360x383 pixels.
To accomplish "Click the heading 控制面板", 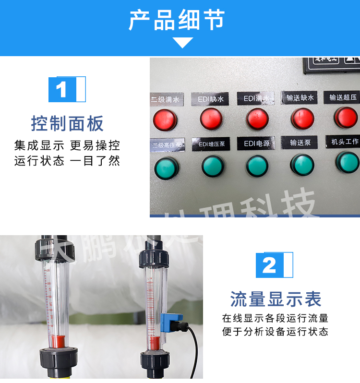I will point(67,124).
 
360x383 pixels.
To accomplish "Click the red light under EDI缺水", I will point(211,119).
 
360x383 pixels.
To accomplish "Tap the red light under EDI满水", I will point(257,119).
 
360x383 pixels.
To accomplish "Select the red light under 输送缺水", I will point(302,118).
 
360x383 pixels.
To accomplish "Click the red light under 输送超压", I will point(346,117).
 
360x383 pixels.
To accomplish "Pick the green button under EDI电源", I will point(257,166).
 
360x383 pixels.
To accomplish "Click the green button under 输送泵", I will point(302,165).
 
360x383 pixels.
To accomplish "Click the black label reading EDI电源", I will point(257,144).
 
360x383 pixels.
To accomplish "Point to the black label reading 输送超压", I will point(343,97).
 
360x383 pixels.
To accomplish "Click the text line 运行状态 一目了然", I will point(67,161).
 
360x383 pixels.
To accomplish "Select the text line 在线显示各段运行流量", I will point(275,318).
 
